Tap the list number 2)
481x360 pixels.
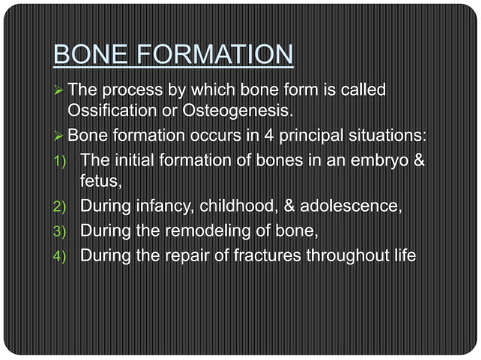(66, 206)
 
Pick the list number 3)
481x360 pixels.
(66, 230)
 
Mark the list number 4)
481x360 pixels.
(66, 255)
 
